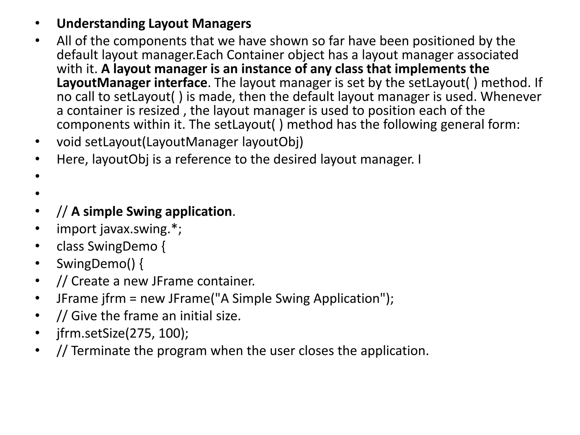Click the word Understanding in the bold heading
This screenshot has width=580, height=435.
coord(101,24)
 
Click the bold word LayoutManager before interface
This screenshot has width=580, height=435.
coord(103,83)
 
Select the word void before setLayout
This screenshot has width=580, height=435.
coord(69,142)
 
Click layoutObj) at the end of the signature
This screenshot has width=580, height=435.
coord(273,142)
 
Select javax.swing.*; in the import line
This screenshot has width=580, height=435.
coord(141,229)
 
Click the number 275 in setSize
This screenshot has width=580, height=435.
coord(139,333)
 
